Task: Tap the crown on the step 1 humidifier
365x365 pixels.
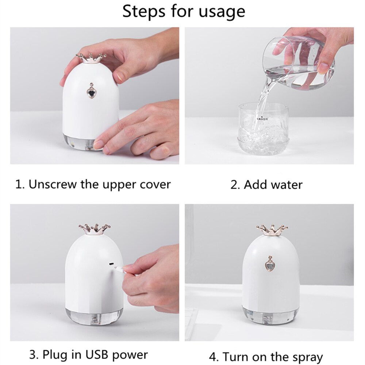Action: pos(91,57)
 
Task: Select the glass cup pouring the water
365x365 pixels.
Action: pos(303,62)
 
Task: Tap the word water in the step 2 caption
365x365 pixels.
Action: pos(287,185)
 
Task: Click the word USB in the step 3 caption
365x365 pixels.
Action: pos(97,354)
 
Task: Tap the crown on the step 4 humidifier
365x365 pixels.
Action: pos(272,230)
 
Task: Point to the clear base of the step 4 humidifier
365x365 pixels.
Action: pos(270,315)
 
